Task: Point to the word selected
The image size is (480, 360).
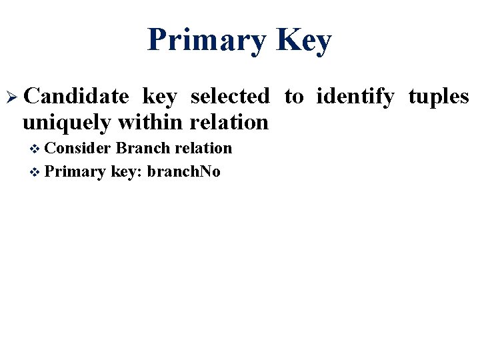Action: pyautogui.click(x=230, y=97)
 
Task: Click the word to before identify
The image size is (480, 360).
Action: pyautogui.click(x=293, y=97)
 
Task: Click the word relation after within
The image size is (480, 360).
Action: pyautogui.click(x=229, y=122)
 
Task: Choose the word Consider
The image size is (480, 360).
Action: pyautogui.click(x=79, y=148)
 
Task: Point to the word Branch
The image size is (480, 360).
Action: pyautogui.click(x=142, y=148)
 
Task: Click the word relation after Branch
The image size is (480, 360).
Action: pyautogui.click(x=203, y=148)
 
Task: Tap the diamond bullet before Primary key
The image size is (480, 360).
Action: pyautogui.click(x=36, y=173)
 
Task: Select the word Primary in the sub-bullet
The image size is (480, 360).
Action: pyautogui.click(x=76, y=173)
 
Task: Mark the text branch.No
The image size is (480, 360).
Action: pyautogui.click(x=183, y=172)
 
